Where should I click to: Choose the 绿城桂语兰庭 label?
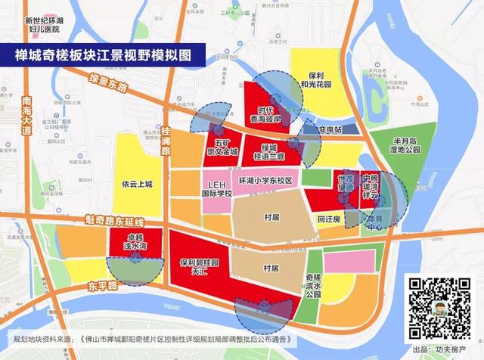tap(271, 151)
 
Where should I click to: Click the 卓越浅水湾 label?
tap(139, 242)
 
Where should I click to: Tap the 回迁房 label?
tap(327, 217)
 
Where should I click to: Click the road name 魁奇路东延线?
tap(113, 222)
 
